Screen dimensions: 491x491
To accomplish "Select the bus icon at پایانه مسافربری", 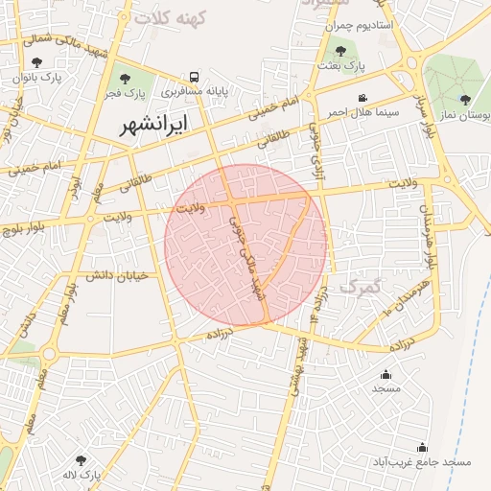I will [195, 77].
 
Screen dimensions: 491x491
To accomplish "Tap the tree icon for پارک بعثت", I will [340, 51].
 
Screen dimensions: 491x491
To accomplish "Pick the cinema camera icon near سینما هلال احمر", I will [362, 98].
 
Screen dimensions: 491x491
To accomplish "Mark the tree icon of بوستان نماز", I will [465, 100].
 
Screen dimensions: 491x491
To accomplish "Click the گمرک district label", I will [361, 286].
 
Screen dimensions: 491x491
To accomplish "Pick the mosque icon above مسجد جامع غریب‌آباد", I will [422, 447].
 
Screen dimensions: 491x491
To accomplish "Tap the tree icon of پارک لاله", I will [81, 460].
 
